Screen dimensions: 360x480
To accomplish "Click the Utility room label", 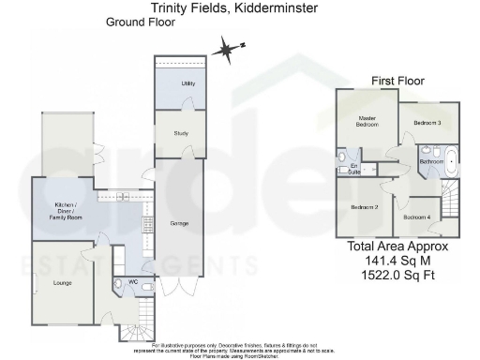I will pos(187,84).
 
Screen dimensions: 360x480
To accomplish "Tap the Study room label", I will pos(181,133).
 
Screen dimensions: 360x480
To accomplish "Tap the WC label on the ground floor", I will pos(132,280).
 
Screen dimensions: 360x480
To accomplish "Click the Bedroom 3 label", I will pos(427,123).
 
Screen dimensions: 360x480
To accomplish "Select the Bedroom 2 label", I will pos(364,206).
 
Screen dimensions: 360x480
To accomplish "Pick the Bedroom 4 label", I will pos(416,217).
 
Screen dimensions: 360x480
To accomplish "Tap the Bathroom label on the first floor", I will pos(431,162).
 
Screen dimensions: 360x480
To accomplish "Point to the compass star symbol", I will pos(225,49).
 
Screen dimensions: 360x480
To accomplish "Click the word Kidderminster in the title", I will pos(271,7).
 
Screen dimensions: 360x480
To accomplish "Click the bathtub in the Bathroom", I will pos(452,160).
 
